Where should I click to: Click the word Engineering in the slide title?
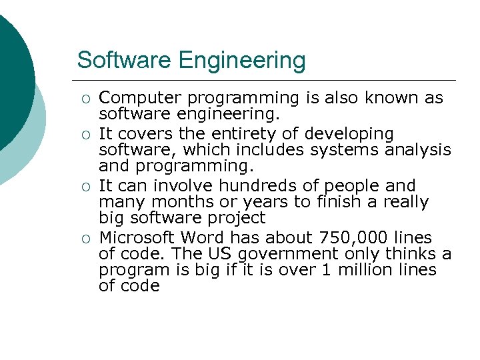click(241, 61)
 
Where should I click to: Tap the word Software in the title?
click(125, 60)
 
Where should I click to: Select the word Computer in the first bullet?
click(136, 98)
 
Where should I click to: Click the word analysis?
click(418, 150)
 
